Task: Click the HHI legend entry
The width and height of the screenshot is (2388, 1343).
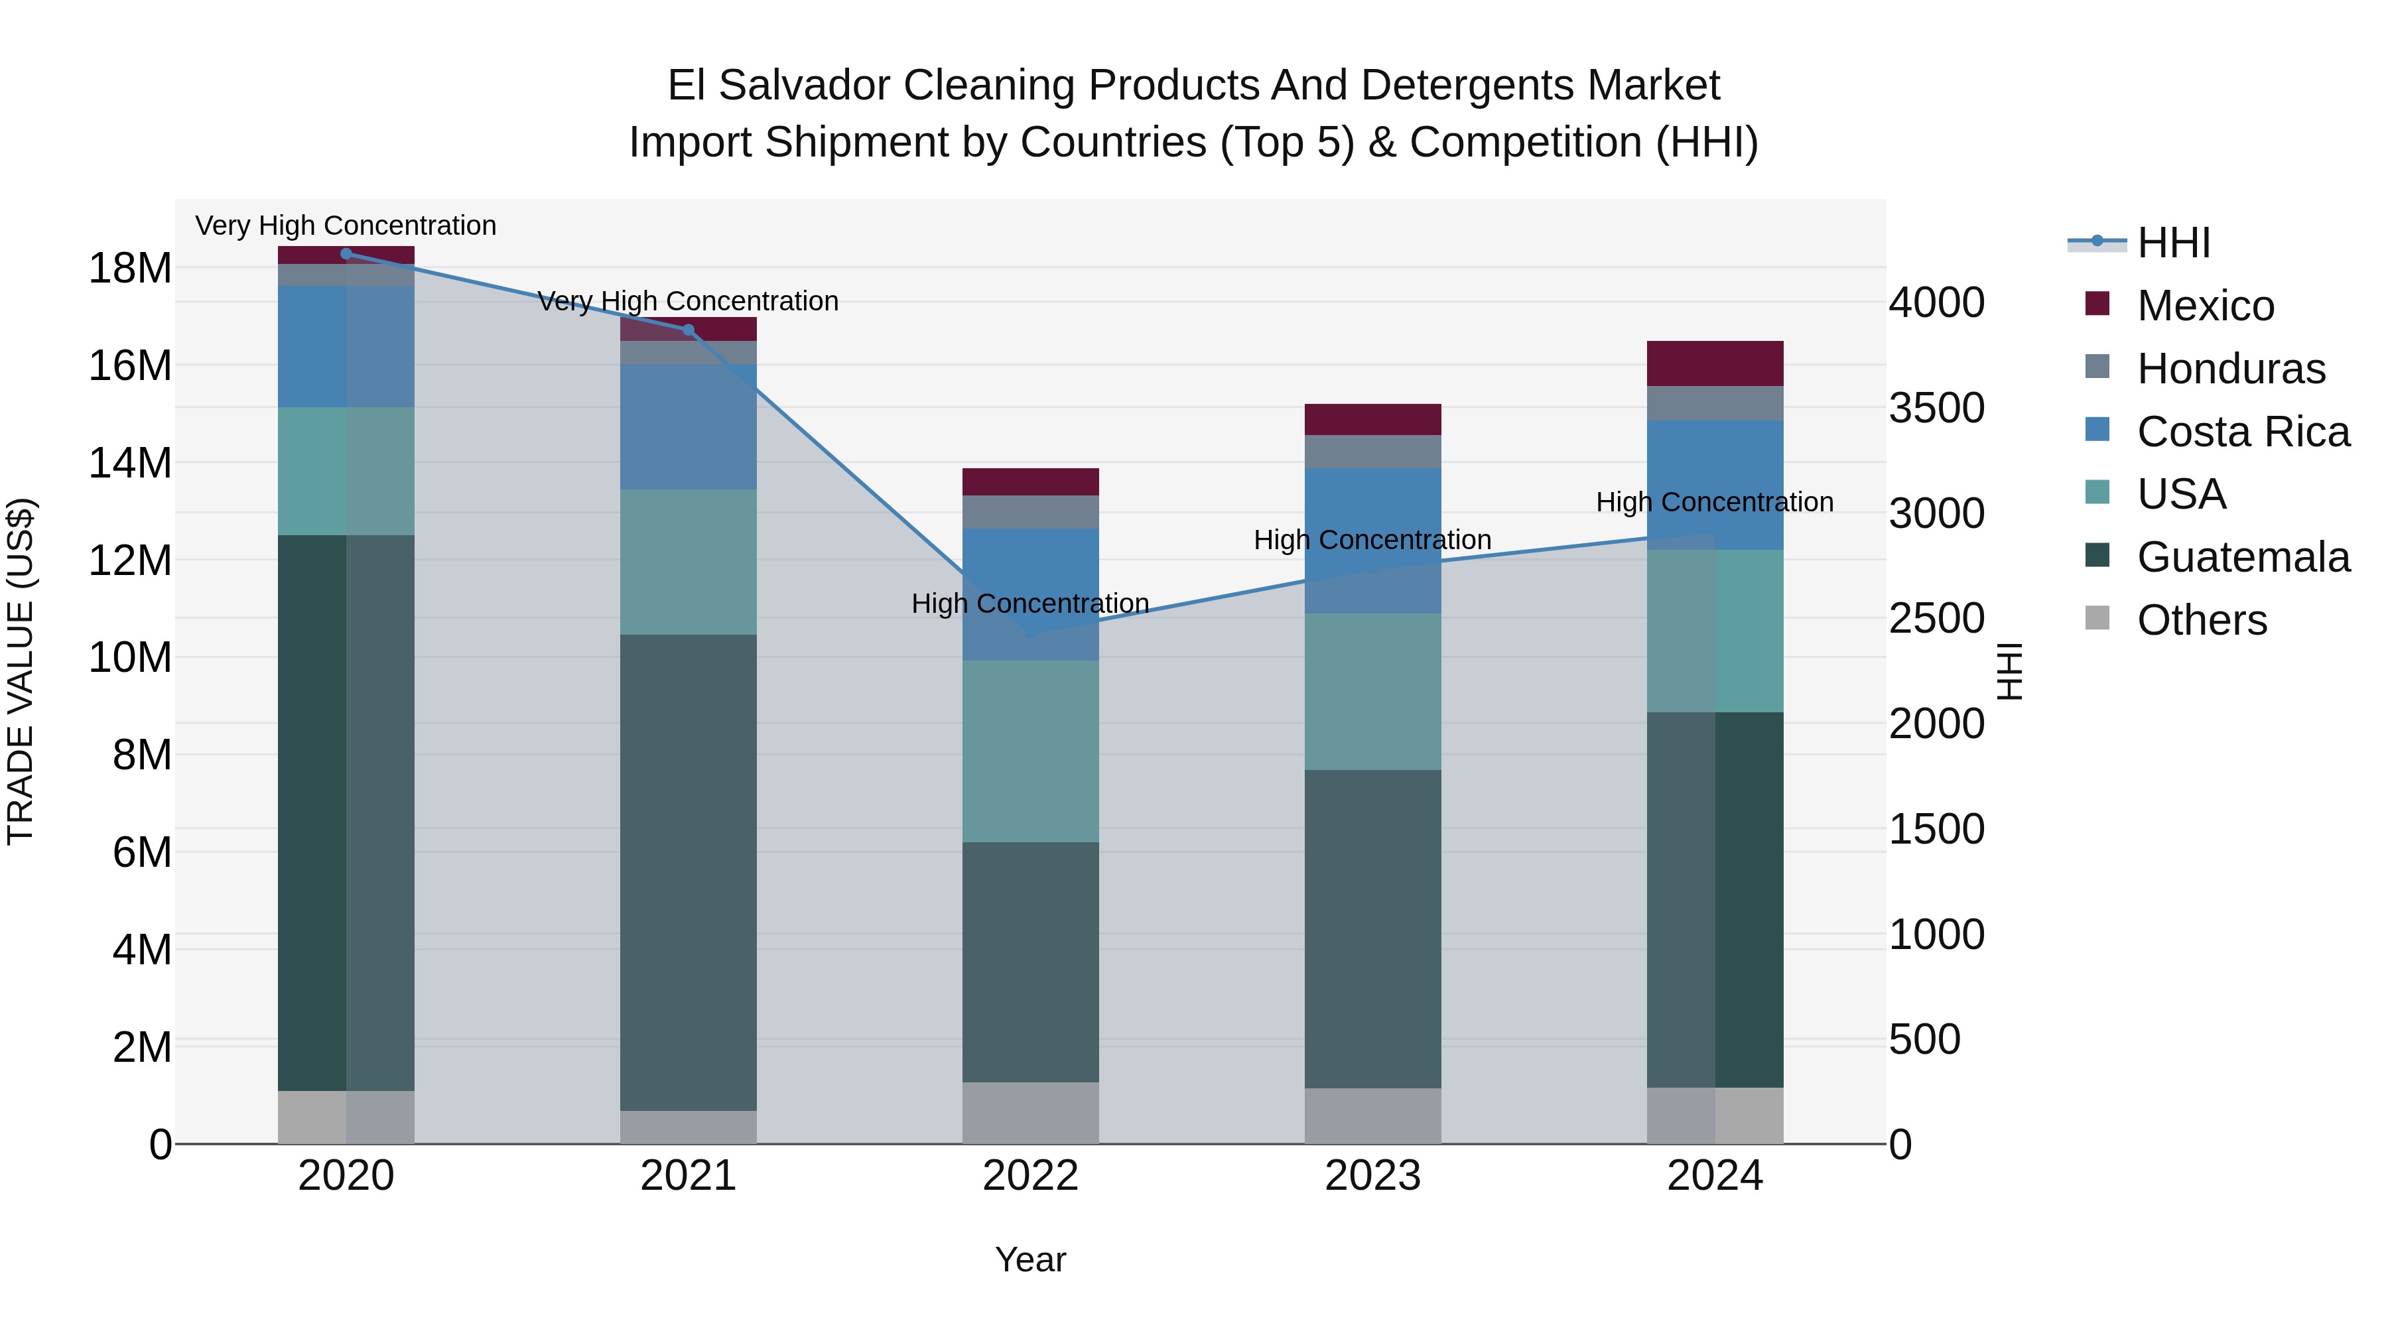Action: (2173, 243)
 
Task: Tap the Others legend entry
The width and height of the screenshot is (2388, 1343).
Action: (2202, 620)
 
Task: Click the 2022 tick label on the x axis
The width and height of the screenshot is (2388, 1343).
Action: (1030, 1176)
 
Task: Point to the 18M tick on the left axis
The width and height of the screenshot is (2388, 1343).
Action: (130, 269)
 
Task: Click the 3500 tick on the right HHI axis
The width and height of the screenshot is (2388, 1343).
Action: (1936, 408)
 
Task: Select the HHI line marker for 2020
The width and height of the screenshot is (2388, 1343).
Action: (346, 254)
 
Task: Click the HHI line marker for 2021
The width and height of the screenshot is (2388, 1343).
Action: (688, 330)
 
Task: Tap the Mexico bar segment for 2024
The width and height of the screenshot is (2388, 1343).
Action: (1714, 363)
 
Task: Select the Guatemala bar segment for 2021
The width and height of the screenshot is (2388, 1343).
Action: (688, 871)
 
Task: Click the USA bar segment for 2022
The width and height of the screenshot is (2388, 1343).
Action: (1030, 751)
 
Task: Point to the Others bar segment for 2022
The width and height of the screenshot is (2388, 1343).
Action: (1030, 1112)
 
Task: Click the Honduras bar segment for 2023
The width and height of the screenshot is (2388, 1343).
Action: (1372, 452)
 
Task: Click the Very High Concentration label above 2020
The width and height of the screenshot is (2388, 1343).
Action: (346, 226)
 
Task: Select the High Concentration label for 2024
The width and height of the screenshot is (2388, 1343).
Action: (1714, 502)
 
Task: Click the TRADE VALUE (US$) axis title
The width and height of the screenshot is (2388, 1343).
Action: (21, 671)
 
